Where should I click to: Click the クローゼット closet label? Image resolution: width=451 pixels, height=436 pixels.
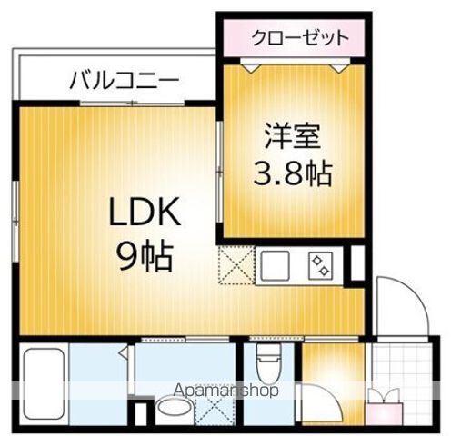pyautogui.click(x=299, y=39)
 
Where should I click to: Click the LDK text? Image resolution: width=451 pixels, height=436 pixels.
pyautogui.click(x=147, y=215)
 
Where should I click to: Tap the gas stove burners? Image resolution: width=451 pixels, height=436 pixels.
pyautogui.click(x=320, y=265)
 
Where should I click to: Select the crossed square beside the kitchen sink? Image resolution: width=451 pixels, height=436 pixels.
pyautogui.click(x=236, y=265)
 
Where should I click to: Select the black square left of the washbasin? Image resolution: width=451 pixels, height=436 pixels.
pyautogui.click(x=137, y=414)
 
